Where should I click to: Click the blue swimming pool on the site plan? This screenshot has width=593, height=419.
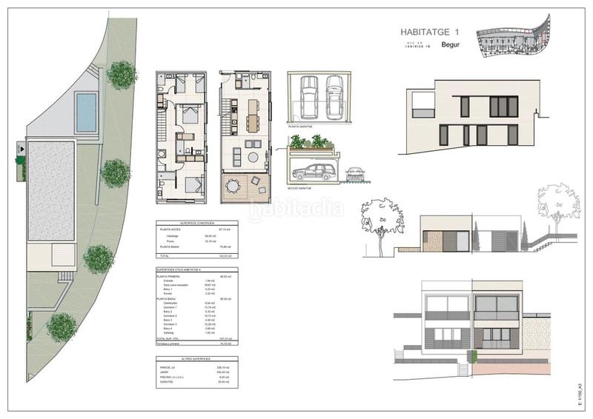point(87,111)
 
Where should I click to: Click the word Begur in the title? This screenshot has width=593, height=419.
point(451,46)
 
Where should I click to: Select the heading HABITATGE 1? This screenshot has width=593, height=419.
point(431,32)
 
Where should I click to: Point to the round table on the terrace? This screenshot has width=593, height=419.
point(236,185)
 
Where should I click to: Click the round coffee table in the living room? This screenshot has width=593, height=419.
point(254,157)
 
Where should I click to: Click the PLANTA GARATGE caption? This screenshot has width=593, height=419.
point(300,127)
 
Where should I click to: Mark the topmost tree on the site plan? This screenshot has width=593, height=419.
point(121,74)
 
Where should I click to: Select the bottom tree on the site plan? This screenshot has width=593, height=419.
point(62,326)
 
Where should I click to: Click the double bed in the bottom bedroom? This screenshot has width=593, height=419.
point(193,186)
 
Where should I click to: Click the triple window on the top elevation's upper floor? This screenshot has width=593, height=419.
point(503,107)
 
